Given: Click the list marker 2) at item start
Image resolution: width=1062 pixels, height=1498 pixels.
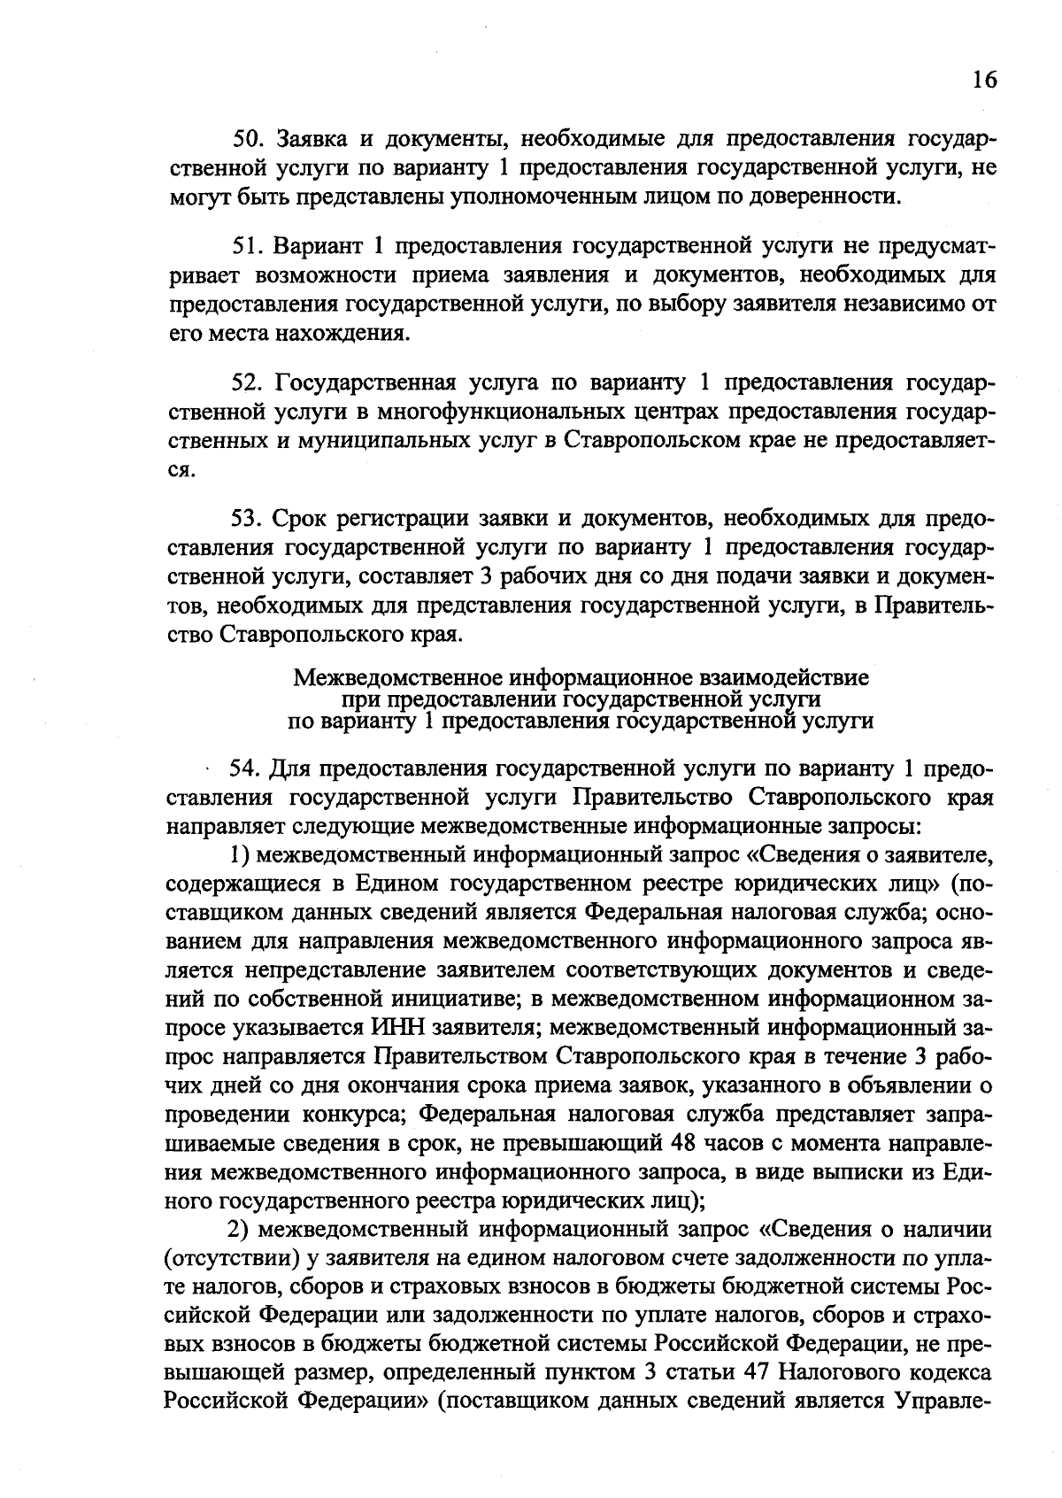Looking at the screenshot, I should click(241, 1230).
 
